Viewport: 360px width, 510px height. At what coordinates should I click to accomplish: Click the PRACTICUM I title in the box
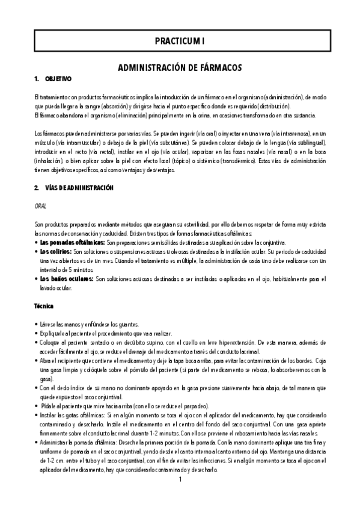[180, 41]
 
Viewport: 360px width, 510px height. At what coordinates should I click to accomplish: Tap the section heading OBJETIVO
[58, 79]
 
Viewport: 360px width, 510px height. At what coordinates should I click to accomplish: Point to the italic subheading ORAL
[41, 206]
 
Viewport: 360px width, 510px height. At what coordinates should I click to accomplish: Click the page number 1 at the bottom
[180, 497]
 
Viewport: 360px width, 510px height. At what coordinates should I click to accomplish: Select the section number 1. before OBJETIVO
[37, 79]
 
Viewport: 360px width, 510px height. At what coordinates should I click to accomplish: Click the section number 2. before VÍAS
[37, 188]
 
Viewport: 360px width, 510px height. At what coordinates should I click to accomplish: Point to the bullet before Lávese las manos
[37, 324]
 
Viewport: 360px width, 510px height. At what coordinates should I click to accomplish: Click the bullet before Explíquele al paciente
[37, 333]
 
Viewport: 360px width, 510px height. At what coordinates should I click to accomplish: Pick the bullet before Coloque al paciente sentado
[37, 342]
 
